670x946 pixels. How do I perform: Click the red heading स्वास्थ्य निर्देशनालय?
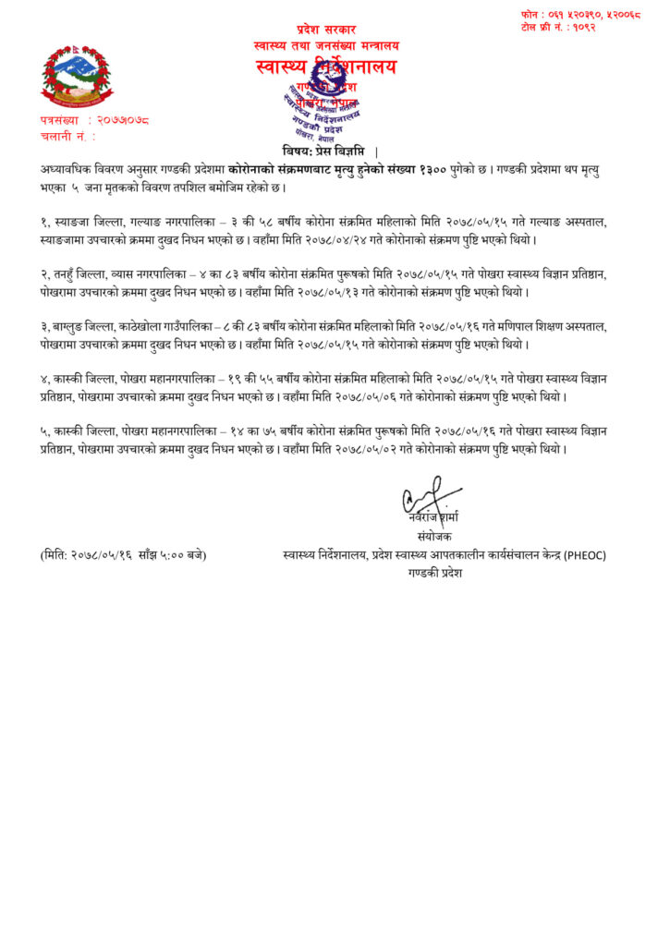(x=325, y=67)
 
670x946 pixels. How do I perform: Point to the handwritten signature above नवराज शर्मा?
(x=427, y=495)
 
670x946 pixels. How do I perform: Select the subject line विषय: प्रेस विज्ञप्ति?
(x=325, y=151)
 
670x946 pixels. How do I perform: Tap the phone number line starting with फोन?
(x=580, y=14)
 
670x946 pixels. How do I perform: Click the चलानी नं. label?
(x=67, y=136)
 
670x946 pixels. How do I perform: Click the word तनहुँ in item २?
(x=69, y=274)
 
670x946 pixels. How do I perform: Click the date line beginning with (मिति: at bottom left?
(x=123, y=554)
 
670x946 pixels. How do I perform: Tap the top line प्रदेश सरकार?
(x=325, y=30)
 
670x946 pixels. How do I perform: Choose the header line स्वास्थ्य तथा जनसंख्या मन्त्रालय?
(x=326, y=45)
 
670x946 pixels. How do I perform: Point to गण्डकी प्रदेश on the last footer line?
(x=434, y=573)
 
